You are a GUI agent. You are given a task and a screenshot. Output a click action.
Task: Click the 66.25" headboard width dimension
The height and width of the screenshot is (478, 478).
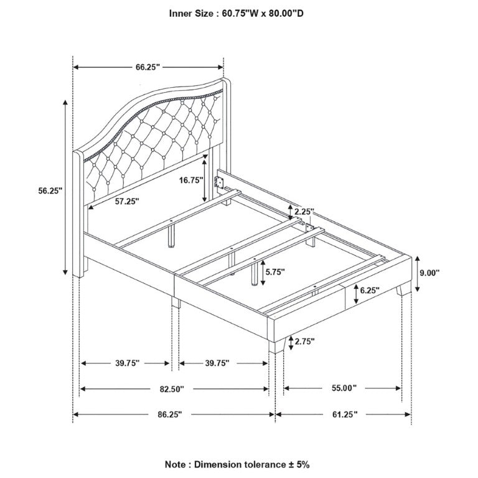148,67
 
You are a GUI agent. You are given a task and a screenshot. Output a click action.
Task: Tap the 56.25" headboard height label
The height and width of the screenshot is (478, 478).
50,191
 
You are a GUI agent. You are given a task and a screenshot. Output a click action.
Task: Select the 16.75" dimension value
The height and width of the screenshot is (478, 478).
191,180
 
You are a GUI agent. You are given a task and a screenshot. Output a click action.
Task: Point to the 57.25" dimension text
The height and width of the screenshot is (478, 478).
127,201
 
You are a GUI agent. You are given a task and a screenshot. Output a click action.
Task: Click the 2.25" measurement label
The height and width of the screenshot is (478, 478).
304,212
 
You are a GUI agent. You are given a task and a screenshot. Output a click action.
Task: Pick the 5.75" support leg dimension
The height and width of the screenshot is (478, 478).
275,271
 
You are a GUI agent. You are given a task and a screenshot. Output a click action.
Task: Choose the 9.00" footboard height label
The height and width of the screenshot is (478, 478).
429,273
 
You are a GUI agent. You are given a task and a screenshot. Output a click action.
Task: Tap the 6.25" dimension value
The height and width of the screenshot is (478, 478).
370,290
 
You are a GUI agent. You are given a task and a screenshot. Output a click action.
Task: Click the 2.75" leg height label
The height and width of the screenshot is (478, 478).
304,341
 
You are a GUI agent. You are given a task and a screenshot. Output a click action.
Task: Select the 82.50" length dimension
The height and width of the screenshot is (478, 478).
172,389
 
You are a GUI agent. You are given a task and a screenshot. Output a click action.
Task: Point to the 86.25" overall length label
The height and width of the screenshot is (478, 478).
170,415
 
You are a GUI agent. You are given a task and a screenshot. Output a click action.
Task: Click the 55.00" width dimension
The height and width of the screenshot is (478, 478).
344,388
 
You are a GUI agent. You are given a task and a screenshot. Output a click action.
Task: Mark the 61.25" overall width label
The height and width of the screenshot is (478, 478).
345,415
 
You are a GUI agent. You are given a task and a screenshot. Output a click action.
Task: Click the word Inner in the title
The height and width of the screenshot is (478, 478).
181,14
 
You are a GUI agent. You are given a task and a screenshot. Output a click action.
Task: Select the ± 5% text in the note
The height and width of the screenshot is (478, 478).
298,464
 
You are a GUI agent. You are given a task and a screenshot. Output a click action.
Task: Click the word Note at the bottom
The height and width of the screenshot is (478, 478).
176,464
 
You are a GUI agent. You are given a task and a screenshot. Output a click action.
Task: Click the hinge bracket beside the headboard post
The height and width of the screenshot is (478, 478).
218,182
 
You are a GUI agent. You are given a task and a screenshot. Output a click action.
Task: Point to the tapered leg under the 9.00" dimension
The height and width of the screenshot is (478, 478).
403,289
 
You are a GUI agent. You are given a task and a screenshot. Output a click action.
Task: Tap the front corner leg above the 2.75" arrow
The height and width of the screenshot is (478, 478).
276,345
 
